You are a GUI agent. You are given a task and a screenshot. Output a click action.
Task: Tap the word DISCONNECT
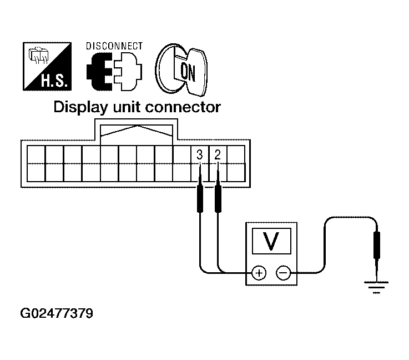tap(114, 47)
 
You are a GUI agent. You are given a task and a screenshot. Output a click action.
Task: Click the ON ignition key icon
tap(181, 68)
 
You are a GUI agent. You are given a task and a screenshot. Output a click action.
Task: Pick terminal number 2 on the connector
tap(218, 155)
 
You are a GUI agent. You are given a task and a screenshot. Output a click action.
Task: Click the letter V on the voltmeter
tap(270, 241)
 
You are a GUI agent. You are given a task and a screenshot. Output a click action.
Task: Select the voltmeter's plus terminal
tap(259, 272)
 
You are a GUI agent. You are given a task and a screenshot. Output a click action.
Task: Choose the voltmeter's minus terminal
tap(282, 272)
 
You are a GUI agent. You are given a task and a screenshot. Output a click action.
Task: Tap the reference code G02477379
tap(56, 314)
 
